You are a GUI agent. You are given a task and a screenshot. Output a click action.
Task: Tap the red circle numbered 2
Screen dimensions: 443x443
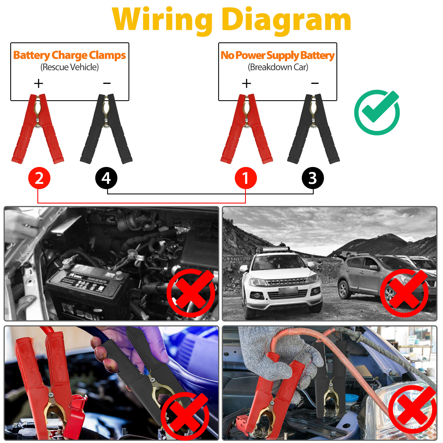(x=39, y=178)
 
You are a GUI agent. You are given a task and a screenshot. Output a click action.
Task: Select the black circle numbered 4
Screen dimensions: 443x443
(x=106, y=178)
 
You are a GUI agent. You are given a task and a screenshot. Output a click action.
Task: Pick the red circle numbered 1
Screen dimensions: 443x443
(x=246, y=178)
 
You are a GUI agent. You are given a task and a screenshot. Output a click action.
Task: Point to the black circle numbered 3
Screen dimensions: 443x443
(x=313, y=178)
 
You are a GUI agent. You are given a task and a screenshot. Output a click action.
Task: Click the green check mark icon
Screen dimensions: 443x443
(x=377, y=112)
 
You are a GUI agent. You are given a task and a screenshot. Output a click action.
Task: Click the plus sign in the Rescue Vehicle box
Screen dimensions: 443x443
(x=38, y=83)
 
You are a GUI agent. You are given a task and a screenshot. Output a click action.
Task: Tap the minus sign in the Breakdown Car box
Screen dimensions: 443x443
(x=315, y=83)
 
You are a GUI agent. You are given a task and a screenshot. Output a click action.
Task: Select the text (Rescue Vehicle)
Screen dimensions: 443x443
(x=69, y=67)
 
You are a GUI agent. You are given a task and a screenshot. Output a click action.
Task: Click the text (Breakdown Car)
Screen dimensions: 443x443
(x=278, y=67)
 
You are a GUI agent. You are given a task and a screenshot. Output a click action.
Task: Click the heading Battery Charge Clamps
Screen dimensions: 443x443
(x=69, y=55)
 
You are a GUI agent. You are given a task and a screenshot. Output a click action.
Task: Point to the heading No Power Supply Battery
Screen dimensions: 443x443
(x=277, y=55)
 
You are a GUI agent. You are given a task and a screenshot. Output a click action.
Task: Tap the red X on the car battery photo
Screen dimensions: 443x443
(x=191, y=293)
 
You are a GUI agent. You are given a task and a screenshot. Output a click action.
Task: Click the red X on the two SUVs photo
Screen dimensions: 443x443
(x=404, y=293)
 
